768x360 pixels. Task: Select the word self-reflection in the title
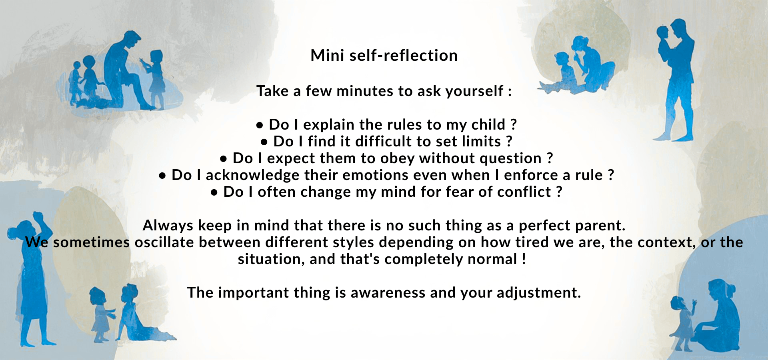(404, 55)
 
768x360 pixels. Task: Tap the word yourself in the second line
(474, 91)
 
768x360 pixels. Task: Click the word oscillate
(164, 242)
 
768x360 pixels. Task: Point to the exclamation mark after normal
(524, 259)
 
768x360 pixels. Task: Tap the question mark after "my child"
(514, 125)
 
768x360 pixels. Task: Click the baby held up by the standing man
(665, 42)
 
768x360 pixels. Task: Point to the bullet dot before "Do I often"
(214, 193)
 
